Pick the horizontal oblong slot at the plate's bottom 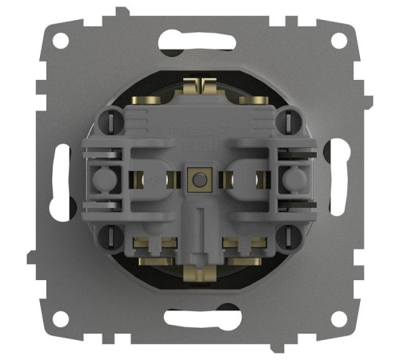click(x=200, y=318)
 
